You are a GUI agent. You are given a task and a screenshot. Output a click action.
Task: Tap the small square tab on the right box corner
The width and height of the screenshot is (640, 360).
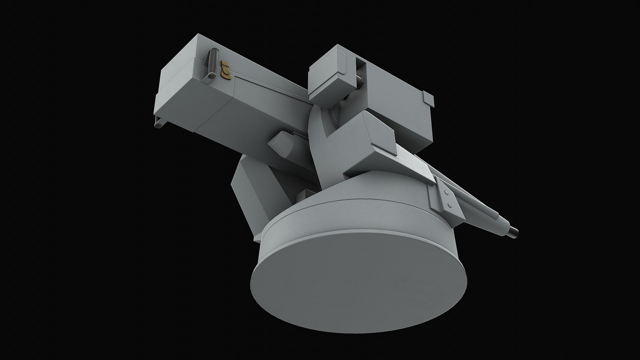coord(428,99)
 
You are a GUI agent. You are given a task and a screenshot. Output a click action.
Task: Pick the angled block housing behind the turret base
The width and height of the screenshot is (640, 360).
coord(253,197)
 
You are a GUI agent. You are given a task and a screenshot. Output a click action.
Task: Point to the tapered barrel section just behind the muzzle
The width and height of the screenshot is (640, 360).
coord(500,223)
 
